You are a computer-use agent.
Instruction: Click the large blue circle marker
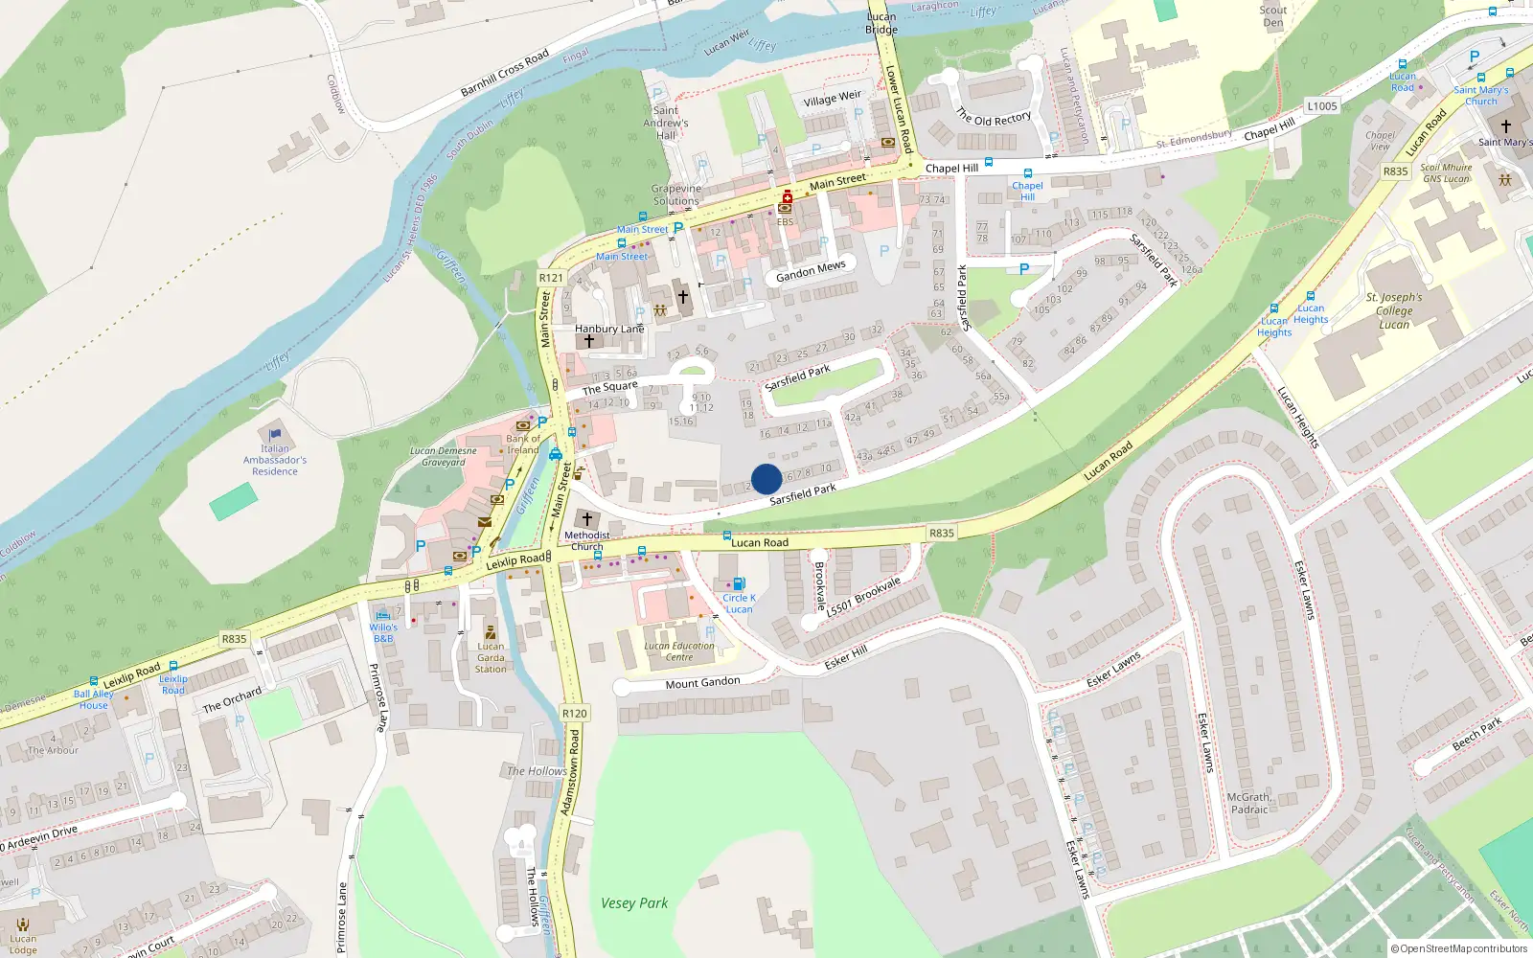click(x=766, y=479)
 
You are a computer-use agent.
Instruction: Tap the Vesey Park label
click(x=634, y=902)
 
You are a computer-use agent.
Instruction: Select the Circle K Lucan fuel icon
click(x=739, y=583)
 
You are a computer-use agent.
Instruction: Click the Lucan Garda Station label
click(x=491, y=657)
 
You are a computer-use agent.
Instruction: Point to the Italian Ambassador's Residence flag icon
click(x=275, y=434)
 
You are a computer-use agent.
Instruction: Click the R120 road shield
click(x=574, y=713)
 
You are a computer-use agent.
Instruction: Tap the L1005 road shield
click(x=1321, y=106)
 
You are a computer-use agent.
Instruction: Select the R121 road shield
click(x=551, y=278)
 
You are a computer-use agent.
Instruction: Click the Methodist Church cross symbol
click(x=587, y=518)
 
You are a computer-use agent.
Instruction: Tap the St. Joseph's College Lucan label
click(x=1394, y=310)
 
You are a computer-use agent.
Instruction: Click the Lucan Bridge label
click(x=881, y=23)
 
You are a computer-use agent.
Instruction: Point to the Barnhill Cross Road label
click(x=505, y=72)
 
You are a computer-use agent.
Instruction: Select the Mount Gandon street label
click(x=702, y=683)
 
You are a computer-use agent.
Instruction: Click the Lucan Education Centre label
click(x=679, y=651)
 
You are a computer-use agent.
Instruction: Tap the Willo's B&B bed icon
click(x=383, y=615)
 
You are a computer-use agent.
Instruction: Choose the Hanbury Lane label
click(x=609, y=329)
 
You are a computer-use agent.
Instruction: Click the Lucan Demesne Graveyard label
click(x=443, y=456)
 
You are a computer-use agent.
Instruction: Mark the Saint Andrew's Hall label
click(x=666, y=123)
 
